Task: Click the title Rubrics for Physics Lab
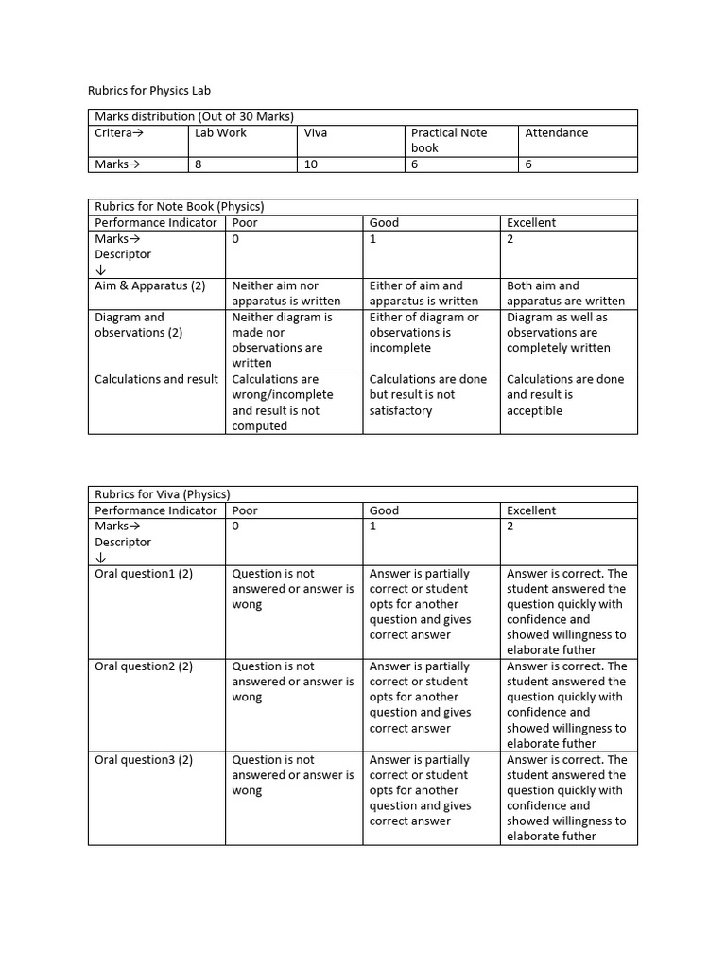149,91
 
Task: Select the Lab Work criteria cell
219,133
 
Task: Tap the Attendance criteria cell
556,133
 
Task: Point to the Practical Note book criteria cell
449,140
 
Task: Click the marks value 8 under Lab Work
199,164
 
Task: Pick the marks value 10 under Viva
309,164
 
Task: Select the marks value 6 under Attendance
528,164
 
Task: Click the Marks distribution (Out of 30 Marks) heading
194,116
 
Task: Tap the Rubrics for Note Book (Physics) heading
179,206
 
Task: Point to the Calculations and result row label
156,379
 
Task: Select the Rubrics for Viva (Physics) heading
162,493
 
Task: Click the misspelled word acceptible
534,410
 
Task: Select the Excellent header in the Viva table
531,510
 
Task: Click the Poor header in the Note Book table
245,223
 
